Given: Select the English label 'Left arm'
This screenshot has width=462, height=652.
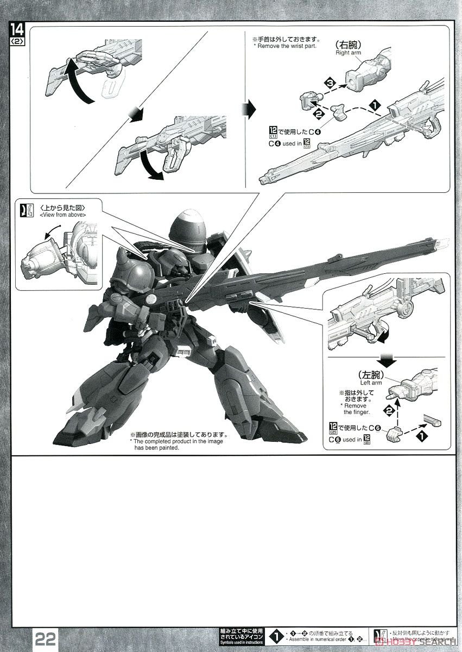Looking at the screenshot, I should (370, 383).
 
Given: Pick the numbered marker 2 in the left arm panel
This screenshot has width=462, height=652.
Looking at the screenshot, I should (388, 411).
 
